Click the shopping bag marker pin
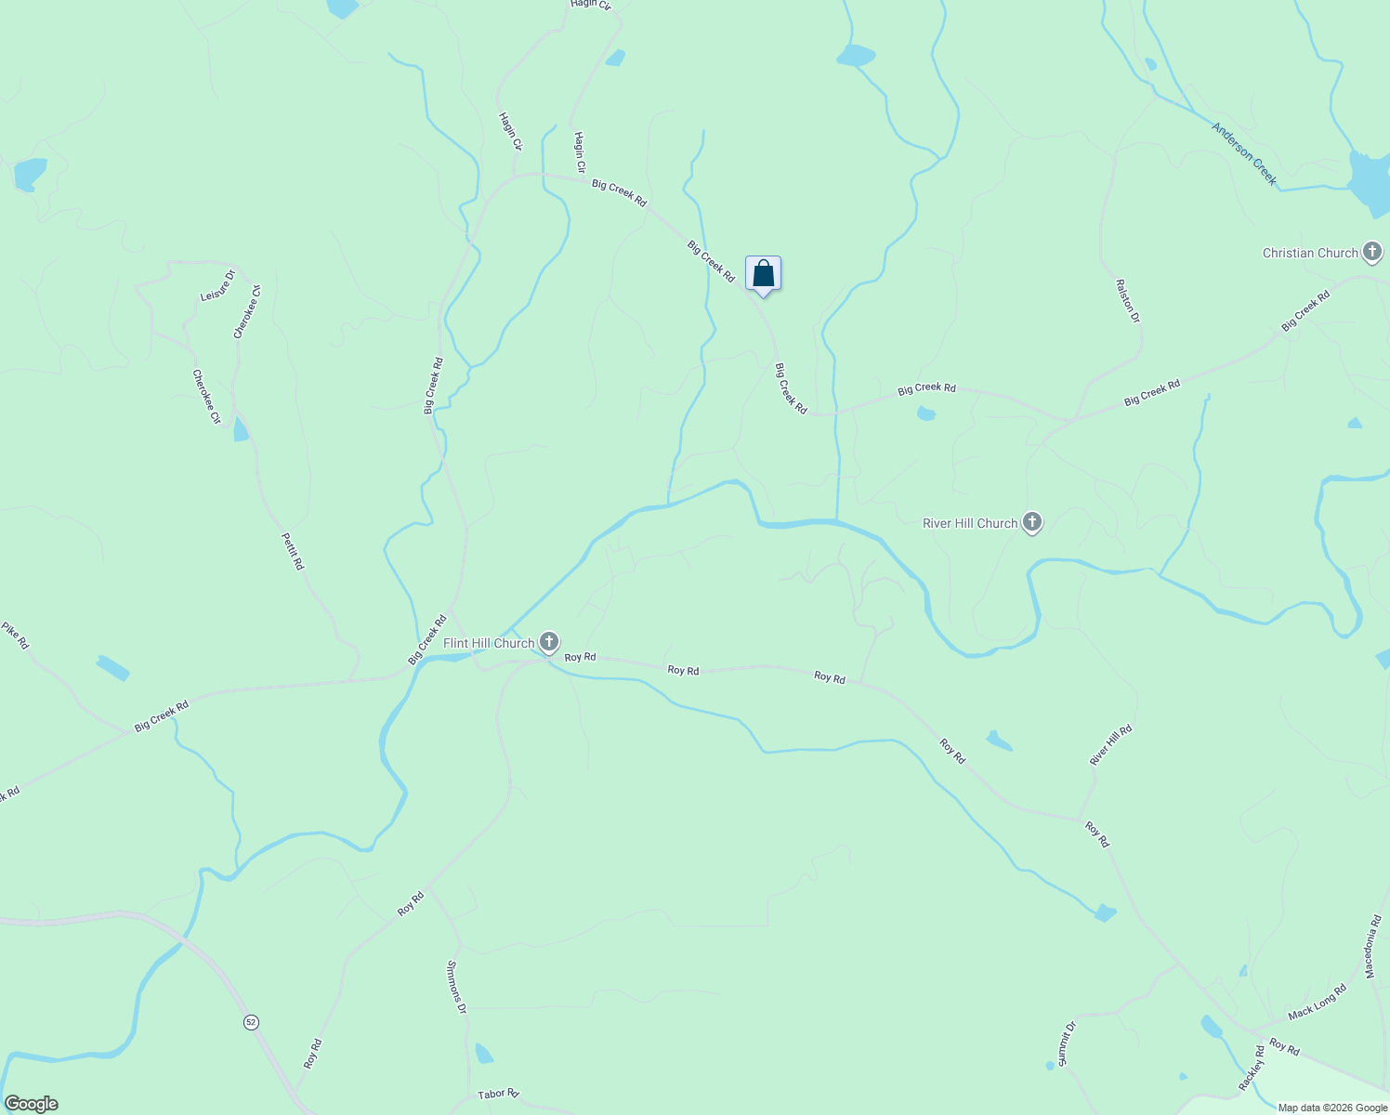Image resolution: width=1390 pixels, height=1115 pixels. point(763,275)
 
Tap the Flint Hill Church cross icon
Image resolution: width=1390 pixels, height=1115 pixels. point(550,642)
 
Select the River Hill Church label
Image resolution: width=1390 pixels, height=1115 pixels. point(970,523)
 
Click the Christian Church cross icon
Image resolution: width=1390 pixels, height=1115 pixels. point(1372,252)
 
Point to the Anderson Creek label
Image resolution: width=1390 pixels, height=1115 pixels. point(1244,153)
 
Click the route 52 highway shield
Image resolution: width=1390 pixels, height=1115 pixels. point(251,1022)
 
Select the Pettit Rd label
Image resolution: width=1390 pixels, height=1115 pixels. point(293,551)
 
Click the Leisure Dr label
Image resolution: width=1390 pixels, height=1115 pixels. point(218,285)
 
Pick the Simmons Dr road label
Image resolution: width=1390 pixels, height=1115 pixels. point(456,987)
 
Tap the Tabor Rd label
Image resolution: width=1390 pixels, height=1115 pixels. point(498,1094)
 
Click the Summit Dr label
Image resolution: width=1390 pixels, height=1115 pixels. point(1067,1043)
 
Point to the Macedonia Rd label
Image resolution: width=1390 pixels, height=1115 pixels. point(1373,947)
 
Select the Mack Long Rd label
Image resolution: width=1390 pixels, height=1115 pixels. point(1317,1003)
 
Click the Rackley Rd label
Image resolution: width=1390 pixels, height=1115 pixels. point(1252,1069)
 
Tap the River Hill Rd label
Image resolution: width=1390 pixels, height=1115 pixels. point(1110,745)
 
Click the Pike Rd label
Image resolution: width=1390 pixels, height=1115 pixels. point(15,636)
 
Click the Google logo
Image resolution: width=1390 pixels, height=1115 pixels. point(32,1104)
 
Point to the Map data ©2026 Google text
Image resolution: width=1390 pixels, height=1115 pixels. point(1332,1108)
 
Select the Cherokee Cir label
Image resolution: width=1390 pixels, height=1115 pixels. point(206,397)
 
